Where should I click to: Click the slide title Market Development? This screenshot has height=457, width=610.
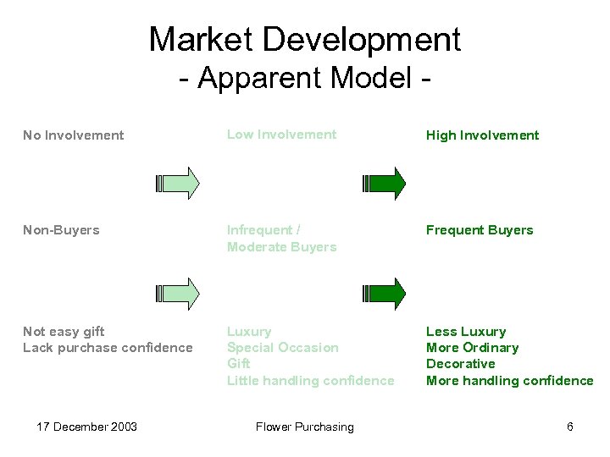[305, 39]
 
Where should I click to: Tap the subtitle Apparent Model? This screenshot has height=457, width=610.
[305, 78]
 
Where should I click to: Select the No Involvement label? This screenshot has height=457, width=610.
[73, 135]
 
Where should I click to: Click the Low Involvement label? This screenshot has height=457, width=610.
[281, 135]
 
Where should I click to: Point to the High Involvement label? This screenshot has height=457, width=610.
[482, 135]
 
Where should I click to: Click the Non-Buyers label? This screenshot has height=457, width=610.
[61, 230]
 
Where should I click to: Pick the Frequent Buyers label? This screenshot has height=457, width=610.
[480, 230]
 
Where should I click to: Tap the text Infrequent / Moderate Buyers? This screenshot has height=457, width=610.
[281, 239]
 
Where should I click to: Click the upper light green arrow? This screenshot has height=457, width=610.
[179, 183]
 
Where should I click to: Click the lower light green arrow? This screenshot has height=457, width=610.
[179, 293]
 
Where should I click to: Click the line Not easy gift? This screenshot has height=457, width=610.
[64, 332]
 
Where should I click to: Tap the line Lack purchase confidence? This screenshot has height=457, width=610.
[108, 348]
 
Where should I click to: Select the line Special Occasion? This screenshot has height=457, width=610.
[282, 348]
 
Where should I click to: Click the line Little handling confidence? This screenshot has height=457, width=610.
[310, 381]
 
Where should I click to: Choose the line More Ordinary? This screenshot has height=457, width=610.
[472, 348]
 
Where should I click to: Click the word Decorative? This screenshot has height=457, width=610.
[460, 364]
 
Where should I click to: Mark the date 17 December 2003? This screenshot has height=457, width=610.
[87, 427]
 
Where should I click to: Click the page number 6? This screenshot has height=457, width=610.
[570, 427]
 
